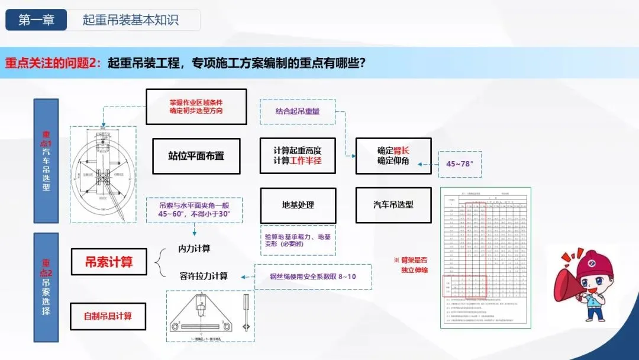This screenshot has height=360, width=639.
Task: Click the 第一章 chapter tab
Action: pos(37,20)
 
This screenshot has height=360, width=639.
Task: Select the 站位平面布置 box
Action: pos(196,156)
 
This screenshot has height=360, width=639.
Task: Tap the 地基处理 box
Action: pos(298,205)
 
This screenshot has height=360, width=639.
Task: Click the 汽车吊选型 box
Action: pos(393,205)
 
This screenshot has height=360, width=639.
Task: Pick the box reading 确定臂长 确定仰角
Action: pos(393,156)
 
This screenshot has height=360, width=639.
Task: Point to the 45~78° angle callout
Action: pos(460,163)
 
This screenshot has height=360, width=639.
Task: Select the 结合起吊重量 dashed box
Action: pos(298,111)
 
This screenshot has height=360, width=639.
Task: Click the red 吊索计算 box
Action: pos(109,262)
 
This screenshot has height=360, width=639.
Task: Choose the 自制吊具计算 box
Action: pos(108,316)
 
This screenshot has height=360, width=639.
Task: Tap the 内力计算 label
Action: pos(194,249)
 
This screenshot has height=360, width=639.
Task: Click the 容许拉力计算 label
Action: pos(203,276)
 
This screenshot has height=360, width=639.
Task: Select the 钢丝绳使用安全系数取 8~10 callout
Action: pos(314,277)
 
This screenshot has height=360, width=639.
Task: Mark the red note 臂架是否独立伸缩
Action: pos(414,265)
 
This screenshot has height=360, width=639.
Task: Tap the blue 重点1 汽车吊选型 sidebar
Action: pos(46,161)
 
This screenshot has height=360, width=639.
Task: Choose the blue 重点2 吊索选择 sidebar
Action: pos(46,287)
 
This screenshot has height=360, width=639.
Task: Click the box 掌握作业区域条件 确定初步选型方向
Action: pos(196,107)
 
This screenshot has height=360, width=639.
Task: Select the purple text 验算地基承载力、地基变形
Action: pos(298,240)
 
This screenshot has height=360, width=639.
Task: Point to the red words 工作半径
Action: pos(306,161)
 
